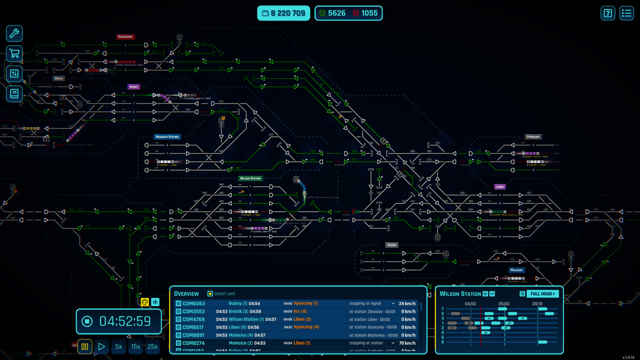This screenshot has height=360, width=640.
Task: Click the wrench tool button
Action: [x=14, y=33]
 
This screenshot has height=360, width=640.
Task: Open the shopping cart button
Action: [x=14, y=53]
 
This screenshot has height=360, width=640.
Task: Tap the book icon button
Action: [x=14, y=93]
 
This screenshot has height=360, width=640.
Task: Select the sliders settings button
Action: [x=14, y=73]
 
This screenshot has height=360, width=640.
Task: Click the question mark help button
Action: [x=608, y=13]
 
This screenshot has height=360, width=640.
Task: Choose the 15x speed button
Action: [x=135, y=346]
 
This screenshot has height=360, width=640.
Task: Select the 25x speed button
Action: [x=152, y=346]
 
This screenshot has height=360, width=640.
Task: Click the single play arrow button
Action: [x=101, y=346]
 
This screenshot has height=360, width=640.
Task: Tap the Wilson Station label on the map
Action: [x=250, y=178]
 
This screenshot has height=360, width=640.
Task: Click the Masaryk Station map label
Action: [x=167, y=136]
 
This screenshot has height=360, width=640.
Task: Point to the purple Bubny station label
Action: [x=133, y=86]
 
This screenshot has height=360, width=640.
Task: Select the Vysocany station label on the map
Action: [x=533, y=136]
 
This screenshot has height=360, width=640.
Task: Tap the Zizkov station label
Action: [x=391, y=245]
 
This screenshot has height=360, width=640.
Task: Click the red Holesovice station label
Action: [x=125, y=36]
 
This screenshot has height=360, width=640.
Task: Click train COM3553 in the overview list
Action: [x=193, y=311]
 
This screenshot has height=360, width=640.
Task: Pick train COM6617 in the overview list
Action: [x=193, y=327]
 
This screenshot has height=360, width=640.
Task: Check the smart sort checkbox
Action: [x=210, y=293]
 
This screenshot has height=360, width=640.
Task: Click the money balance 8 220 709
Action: [x=283, y=13]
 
